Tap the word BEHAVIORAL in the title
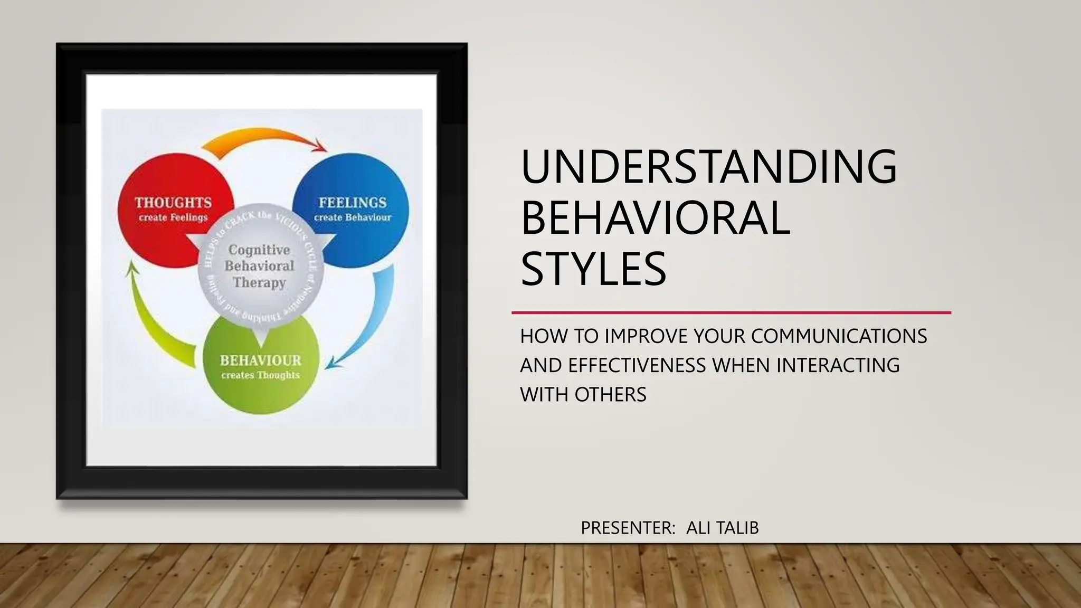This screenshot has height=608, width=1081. point(655,218)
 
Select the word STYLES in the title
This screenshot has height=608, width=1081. point(593,269)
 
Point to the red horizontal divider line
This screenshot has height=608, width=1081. point(731,312)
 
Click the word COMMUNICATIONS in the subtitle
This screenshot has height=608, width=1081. point(839,336)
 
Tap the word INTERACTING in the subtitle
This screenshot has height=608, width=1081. point(838,365)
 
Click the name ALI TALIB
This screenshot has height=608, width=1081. point(722,528)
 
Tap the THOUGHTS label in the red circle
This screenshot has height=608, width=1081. point(173,203)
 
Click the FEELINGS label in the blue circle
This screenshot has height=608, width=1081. point(353,203)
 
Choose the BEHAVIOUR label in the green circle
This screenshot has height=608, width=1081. point(260,360)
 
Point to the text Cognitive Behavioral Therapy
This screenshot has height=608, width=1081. point(259,266)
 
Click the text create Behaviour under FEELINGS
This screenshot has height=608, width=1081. point(353,217)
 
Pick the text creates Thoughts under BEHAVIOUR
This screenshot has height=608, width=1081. point(260,375)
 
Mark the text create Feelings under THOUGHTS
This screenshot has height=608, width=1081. point(173,217)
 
